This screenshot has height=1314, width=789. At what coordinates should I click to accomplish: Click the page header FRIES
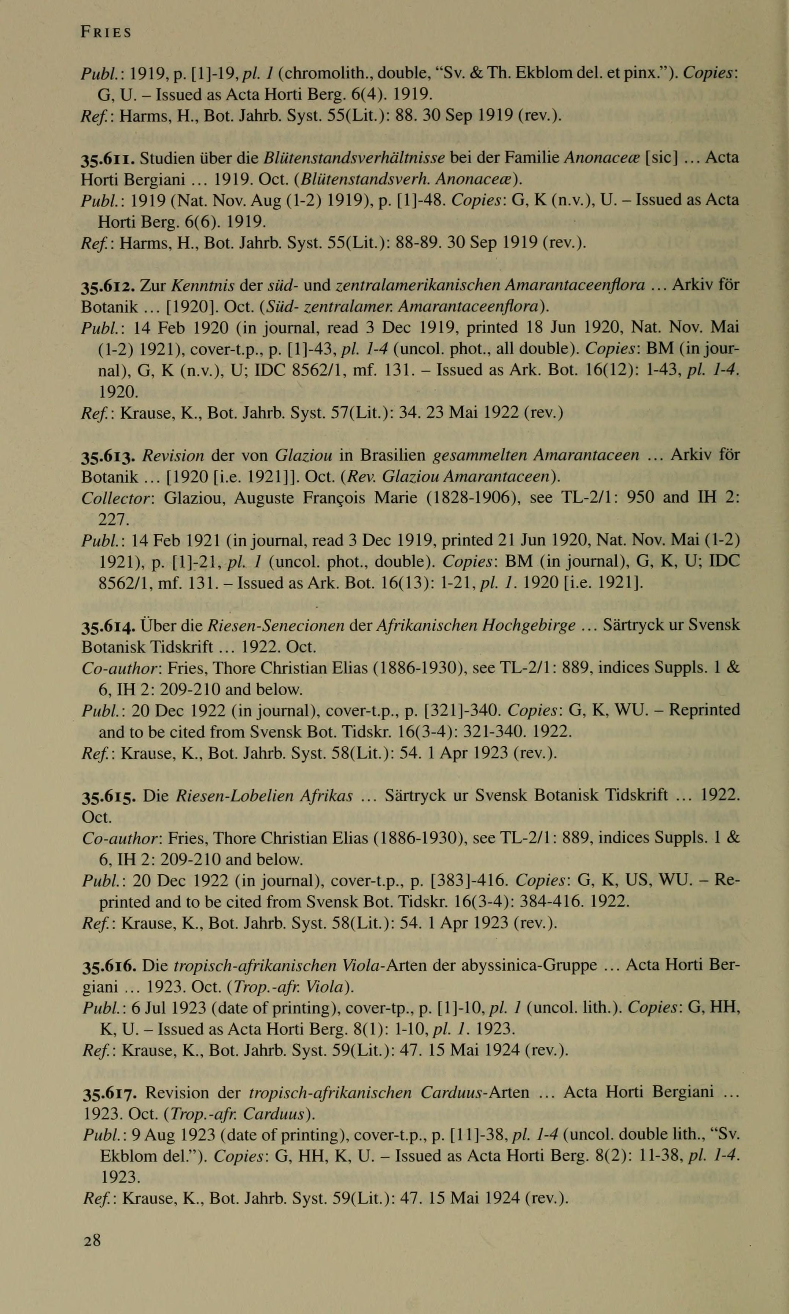(106, 32)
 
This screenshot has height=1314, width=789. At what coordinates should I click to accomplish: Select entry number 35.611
(106, 158)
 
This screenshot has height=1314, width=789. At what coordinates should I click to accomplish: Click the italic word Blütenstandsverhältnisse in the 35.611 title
(354, 158)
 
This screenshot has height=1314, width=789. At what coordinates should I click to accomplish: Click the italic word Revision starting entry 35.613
(173, 456)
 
